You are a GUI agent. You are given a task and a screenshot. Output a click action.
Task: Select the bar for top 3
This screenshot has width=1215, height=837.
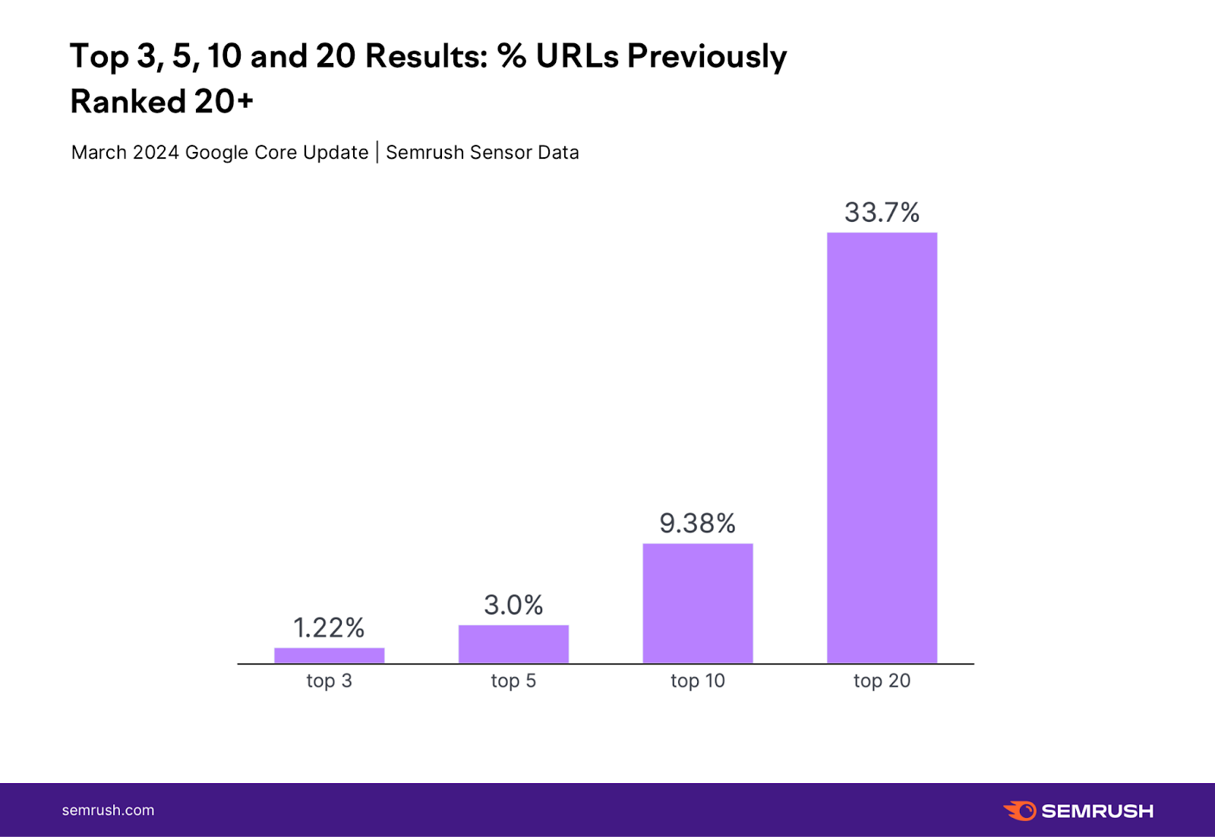[329, 655]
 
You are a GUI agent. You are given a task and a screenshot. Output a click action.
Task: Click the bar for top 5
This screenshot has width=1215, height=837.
[513, 644]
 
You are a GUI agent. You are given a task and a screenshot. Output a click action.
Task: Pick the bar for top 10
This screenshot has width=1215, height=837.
[698, 603]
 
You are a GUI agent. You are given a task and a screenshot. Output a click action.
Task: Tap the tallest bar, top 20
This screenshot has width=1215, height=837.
[882, 448]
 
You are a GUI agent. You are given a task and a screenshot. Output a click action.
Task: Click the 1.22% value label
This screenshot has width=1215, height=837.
[329, 628]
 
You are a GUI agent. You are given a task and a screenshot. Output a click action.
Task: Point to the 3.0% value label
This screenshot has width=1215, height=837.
[513, 605]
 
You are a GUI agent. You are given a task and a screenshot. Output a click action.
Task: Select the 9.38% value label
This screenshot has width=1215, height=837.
[697, 523]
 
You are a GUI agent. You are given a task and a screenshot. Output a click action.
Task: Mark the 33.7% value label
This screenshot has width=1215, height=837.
[882, 213]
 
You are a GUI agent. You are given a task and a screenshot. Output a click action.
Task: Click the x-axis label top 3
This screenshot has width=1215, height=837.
[329, 681]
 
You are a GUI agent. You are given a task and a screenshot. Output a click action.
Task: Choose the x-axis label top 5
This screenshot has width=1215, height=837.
[513, 681]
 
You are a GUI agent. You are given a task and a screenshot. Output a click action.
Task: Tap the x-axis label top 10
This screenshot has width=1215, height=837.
[697, 681]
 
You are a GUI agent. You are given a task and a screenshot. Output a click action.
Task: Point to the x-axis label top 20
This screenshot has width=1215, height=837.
[882, 681]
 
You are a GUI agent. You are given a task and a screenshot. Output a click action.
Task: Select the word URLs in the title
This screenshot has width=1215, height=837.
[577, 56]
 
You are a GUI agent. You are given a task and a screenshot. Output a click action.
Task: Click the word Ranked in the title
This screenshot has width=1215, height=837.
[128, 102]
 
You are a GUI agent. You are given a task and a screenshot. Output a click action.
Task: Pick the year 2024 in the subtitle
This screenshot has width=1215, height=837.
[156, 153]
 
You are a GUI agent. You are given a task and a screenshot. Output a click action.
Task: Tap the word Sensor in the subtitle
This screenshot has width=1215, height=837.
[501, 153]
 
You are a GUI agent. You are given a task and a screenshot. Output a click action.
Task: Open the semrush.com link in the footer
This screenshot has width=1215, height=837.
[108, 810]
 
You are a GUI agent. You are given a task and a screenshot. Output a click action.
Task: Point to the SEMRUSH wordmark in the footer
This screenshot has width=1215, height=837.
[1097, 811]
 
